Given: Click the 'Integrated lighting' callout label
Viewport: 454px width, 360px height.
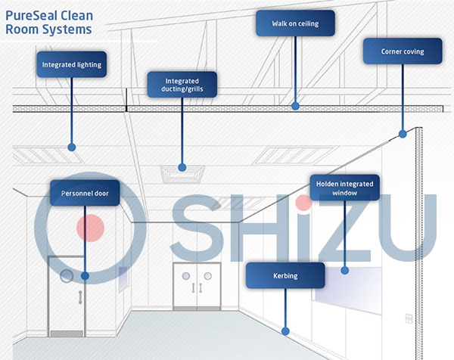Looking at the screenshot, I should tap(70, 65).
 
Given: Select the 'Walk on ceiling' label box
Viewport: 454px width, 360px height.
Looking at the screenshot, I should tap(295, 24).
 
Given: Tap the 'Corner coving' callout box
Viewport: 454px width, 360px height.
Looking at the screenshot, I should tap(403, 52).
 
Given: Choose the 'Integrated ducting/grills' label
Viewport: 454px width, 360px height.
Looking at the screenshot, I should tap(181, 84).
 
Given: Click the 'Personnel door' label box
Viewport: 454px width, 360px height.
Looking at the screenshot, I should tap(85, 194).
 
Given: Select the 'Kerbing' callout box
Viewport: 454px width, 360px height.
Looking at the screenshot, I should tap(285, 276).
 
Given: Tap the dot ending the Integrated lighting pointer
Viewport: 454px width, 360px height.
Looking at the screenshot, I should tap(72, 146).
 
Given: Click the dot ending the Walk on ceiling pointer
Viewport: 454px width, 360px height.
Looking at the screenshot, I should tap(296, 106).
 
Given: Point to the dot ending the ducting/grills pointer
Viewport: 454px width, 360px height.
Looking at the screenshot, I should tap(182, 166).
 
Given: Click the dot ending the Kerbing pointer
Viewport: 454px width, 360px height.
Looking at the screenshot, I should tap(286, 330).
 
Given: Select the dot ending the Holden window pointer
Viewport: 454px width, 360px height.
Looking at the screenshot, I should tap(345, 268).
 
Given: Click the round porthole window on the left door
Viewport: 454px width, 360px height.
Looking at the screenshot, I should tap(68, 275).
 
